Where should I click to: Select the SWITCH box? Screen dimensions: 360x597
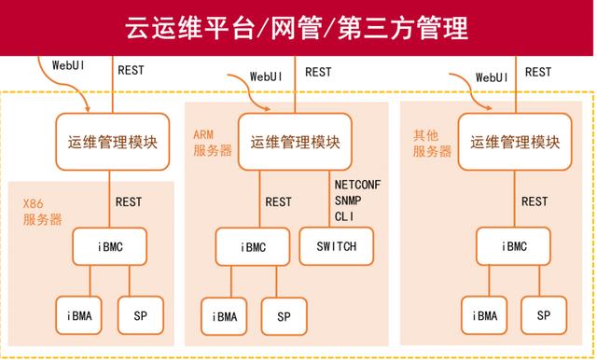(336, 246)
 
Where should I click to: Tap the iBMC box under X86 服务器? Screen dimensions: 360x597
(111, 247)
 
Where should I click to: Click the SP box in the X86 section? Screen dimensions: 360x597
(140, 315)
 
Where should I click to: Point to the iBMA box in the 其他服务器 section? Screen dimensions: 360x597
(485, 315)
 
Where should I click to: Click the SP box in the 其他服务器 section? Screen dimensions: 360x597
(544, 315)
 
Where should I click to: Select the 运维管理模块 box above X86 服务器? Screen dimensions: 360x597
(112, 142)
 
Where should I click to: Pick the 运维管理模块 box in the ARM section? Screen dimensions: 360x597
(295, 142)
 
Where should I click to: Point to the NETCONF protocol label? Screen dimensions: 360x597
(356, 185)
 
